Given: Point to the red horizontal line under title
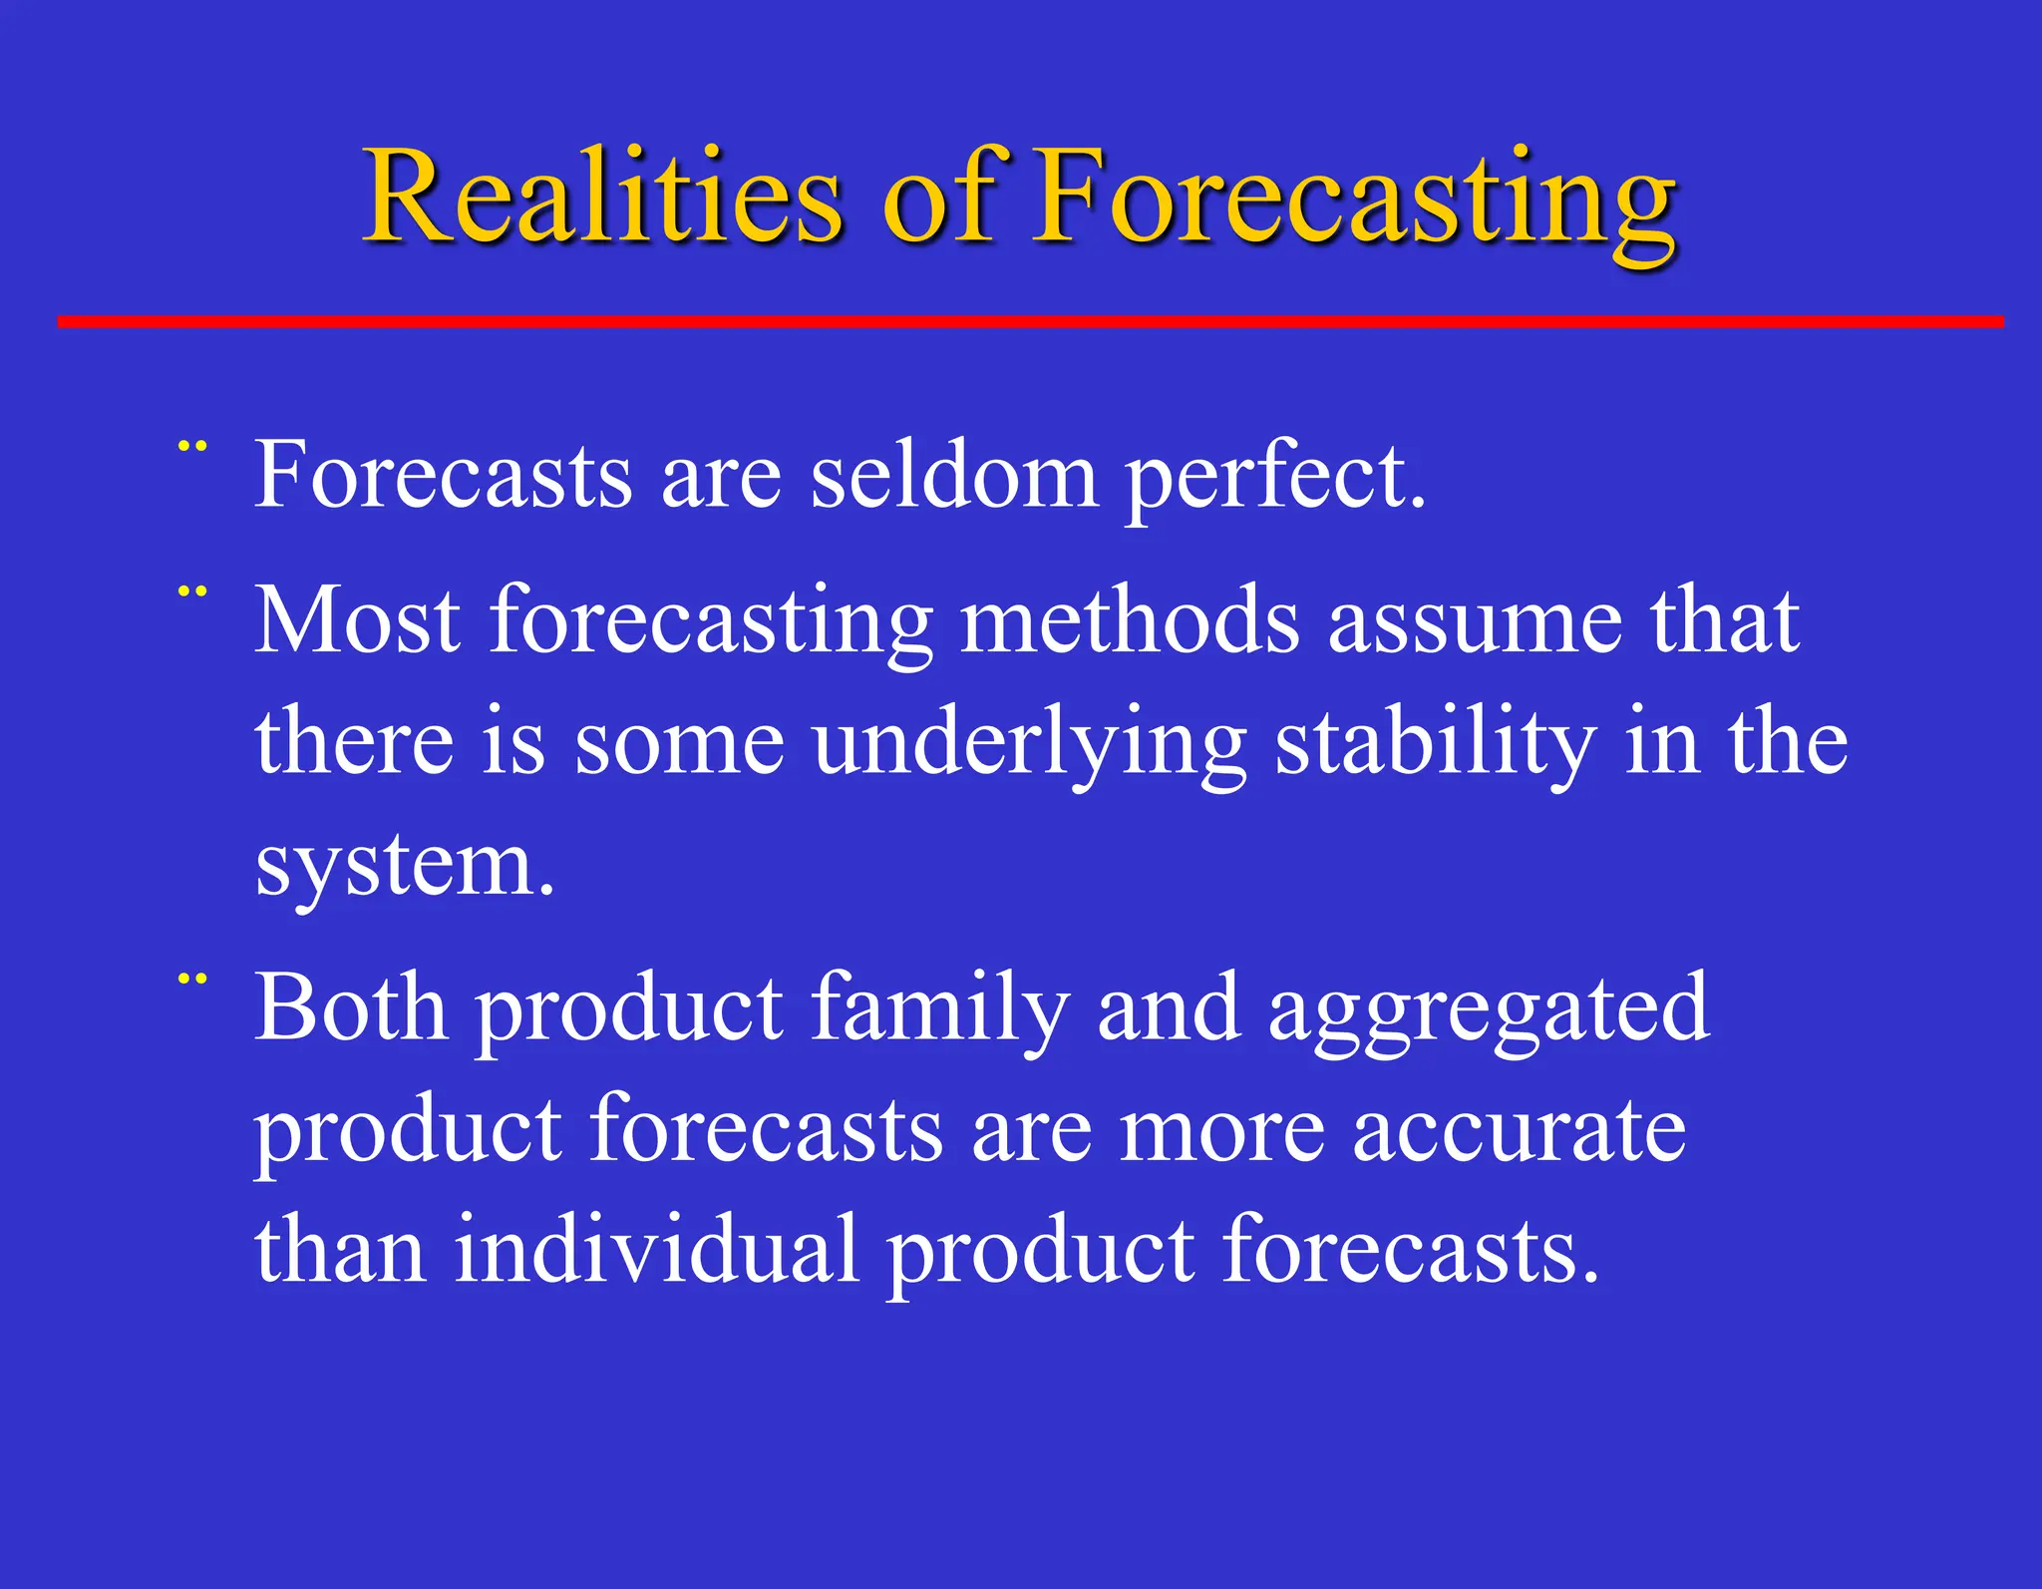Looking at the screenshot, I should point(1030,321).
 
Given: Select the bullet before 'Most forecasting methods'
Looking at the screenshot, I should point(191,592).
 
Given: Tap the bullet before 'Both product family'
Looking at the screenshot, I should point(191,980).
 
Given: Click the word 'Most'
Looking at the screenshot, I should point(357,620).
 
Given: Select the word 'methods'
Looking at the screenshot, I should point(1129,620).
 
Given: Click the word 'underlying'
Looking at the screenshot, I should point(1029,743).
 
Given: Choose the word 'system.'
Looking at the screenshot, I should point(404,866).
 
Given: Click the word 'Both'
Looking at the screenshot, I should point(351,1007).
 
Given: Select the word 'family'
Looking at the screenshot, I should point(939,1009).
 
